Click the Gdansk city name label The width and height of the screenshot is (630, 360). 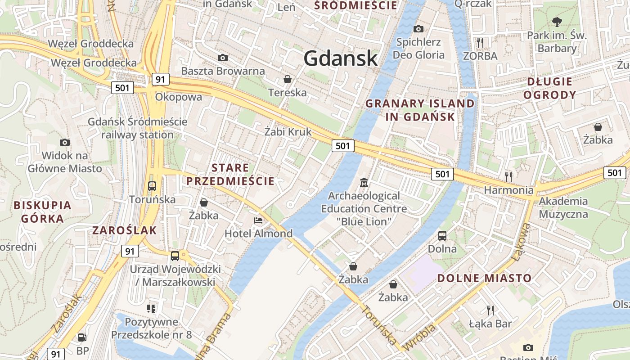point(340,58)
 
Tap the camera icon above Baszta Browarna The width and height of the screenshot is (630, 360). point(222,58)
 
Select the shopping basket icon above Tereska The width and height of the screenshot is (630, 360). point(287,80)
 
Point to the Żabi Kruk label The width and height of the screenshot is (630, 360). point(288,132)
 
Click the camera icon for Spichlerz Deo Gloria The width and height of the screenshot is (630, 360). point(418,29)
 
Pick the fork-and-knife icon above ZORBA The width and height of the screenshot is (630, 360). point(480,42)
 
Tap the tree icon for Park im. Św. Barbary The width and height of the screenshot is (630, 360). point(557,22)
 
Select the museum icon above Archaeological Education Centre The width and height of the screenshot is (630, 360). point(364,183)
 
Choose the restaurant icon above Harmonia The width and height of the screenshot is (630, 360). point(508,176)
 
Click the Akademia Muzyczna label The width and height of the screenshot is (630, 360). point(563,207)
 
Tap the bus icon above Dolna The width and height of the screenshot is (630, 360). point(442,235)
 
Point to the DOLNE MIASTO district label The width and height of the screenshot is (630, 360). point(485,278)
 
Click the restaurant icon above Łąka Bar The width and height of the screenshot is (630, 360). point(490,310)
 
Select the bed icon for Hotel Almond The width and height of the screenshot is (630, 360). point(258,220)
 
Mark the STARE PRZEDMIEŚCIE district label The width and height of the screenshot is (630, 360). point(230,175)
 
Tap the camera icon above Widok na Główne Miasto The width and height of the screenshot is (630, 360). point(65,143)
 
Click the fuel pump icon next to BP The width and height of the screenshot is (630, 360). point(82,337)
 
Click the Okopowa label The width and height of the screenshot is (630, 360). point(178,97)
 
